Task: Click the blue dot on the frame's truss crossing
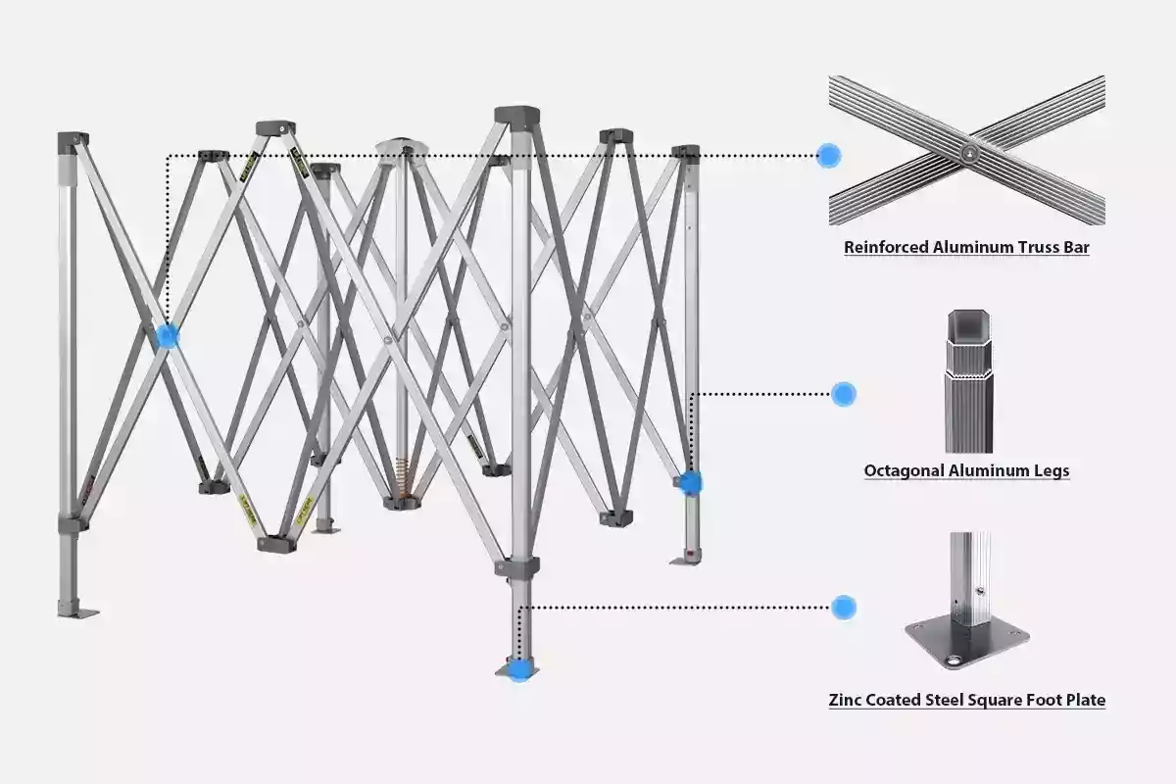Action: pos(168,336)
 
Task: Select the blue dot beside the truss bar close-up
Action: pos(829,155)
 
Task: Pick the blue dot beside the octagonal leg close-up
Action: pos(843,394)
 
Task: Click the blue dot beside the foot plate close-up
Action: pos(843,607)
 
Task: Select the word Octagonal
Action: pos(904,471)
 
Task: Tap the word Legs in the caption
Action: pos(1048,471)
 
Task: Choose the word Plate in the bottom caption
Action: pos(1083,701)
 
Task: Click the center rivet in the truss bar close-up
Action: pos(968,152)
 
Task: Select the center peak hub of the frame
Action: pos(402,147)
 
